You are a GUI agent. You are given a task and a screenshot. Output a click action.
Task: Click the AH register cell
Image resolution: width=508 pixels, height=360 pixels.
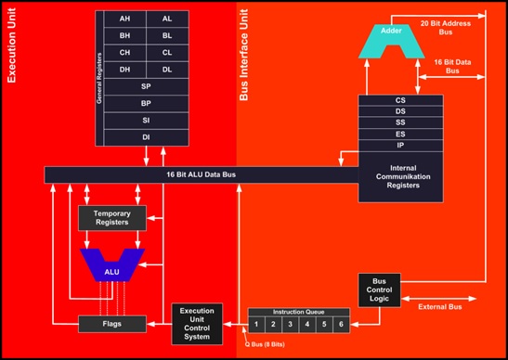coord(124,19)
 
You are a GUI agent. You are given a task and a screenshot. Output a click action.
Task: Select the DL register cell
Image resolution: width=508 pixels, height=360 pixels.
coord(167,69)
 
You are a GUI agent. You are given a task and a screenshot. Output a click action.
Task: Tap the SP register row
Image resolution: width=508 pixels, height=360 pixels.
coord(146,85)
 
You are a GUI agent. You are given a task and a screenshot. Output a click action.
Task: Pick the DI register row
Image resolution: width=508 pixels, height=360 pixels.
coord(146,137)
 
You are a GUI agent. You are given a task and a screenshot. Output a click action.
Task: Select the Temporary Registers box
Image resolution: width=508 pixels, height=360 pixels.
coord(111,218)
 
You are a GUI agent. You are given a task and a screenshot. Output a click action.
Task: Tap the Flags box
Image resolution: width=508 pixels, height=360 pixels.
coord(111,323)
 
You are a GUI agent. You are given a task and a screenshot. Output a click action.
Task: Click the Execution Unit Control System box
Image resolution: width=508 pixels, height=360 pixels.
coord(197,322)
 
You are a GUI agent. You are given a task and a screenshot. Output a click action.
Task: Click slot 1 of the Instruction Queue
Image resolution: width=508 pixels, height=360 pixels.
coord(257,324)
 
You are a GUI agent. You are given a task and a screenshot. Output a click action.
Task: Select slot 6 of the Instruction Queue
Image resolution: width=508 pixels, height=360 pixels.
coord(341,324)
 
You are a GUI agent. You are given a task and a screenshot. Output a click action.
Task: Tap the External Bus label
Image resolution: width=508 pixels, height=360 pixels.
coord(441,306)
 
